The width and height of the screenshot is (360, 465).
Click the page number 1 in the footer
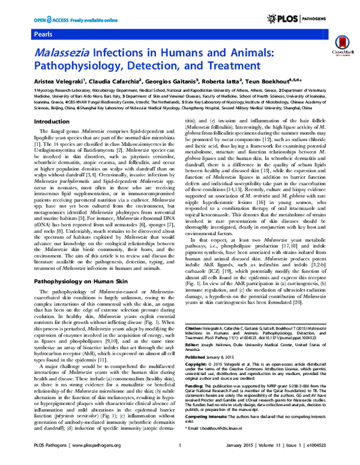[179, 459]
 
